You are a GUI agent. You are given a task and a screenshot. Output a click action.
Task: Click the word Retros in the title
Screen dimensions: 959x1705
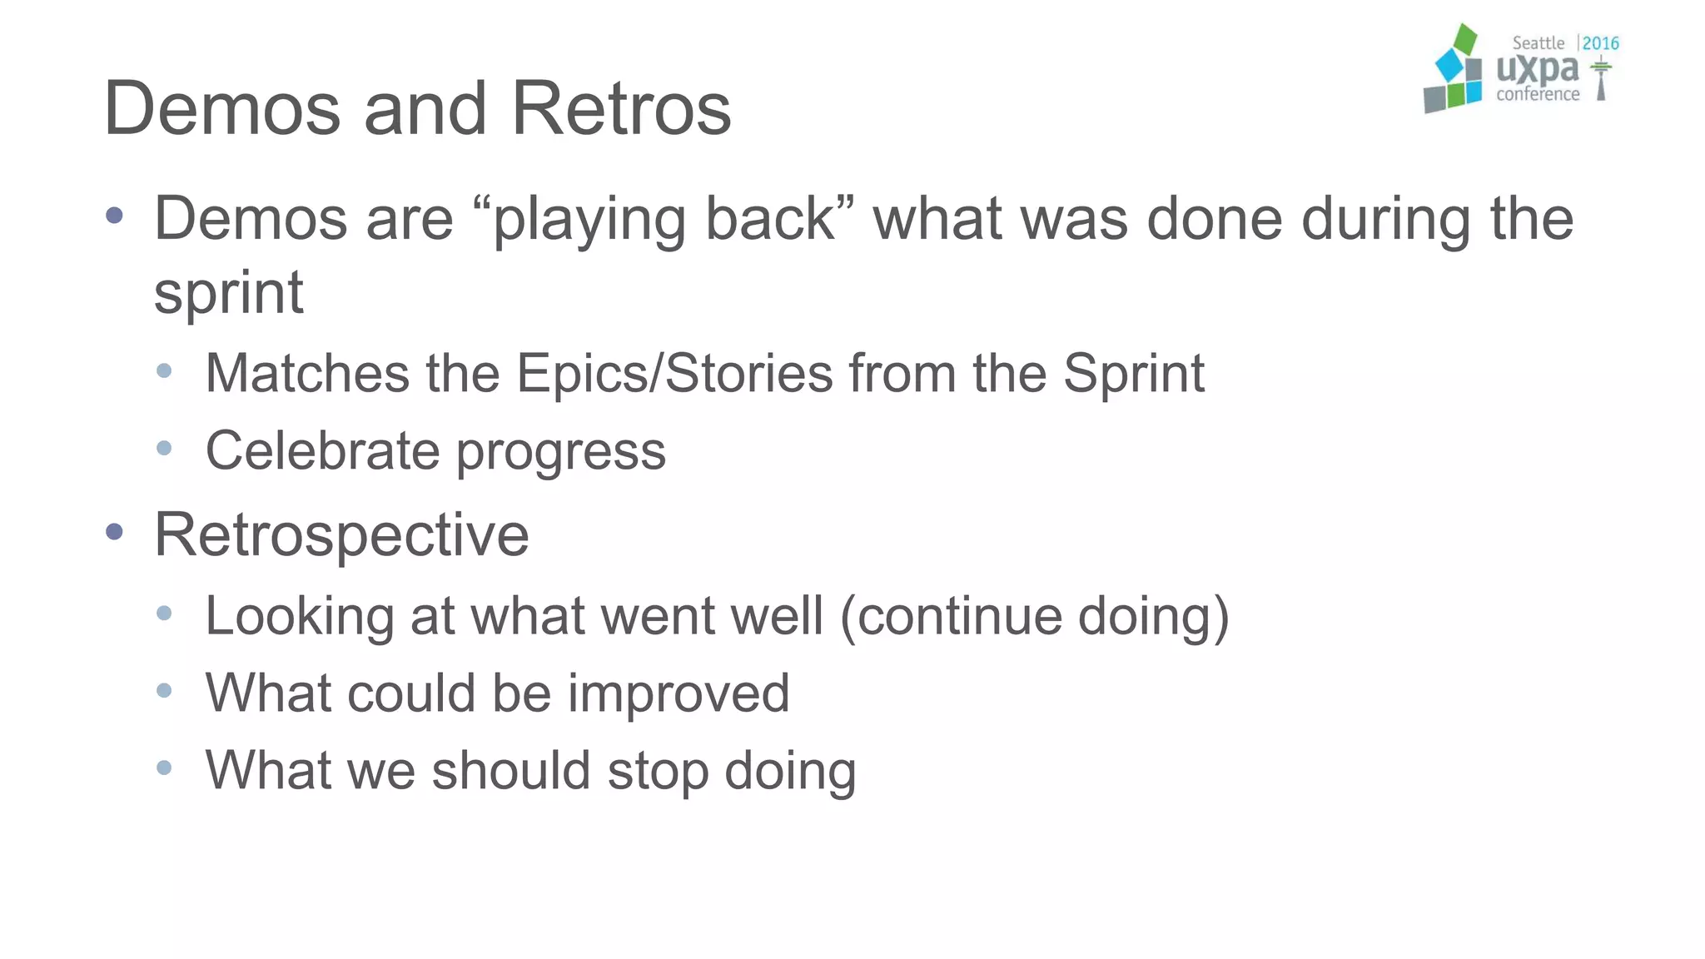(621, 109)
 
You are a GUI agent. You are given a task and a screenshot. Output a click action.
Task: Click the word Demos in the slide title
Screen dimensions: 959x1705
(222, 109)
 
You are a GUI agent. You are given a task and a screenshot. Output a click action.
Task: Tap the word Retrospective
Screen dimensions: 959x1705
(341, 535)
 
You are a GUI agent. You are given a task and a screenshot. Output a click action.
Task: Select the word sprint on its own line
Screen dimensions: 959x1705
(229, 294)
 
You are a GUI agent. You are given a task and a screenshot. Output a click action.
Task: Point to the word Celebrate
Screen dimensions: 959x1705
(322, 451)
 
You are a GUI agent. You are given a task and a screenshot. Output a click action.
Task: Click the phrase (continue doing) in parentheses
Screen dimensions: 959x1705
(1035, 617)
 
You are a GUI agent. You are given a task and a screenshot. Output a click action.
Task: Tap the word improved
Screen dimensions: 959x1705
(678, 693)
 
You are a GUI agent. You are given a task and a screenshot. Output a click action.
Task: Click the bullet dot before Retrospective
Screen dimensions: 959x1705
(115, 532)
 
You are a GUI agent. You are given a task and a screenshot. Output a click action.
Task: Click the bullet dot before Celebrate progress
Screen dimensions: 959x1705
(164, 449)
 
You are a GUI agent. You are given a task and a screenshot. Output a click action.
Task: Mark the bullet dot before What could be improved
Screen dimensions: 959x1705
(164, 691)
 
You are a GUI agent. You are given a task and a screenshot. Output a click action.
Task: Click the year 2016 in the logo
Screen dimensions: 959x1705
(1600, 43)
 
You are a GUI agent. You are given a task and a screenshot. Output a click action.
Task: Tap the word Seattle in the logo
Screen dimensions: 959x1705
(1538, 43)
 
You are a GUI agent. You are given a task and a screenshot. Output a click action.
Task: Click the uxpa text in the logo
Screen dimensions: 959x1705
(1537, 69)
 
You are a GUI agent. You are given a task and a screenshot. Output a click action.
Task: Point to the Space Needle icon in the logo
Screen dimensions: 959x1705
(1601, 79)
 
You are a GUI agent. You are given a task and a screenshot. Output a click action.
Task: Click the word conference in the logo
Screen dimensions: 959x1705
(1537, 95)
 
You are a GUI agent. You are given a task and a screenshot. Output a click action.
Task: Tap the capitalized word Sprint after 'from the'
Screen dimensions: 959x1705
(1133, 374)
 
